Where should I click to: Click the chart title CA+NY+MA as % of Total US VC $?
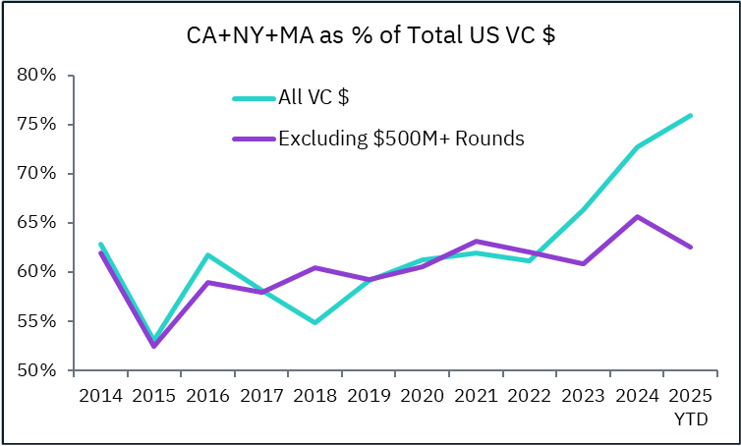370,36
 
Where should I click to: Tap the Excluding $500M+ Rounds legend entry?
401,139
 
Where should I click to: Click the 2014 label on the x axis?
100,397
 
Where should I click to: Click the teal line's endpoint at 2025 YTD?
691,115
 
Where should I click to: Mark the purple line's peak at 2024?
637,216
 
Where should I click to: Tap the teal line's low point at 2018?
314,322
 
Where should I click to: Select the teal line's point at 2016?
207,254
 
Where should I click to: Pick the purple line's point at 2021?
477,241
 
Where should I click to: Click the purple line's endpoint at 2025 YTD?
691,247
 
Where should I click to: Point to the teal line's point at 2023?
584,208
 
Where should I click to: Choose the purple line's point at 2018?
314,267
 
